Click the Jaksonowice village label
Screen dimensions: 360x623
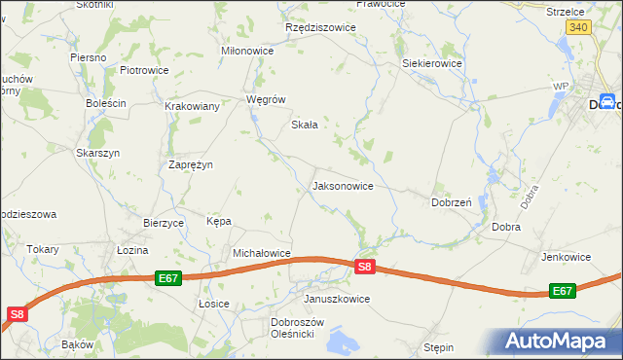[x=342, y=185]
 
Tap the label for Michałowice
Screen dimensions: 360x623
[x=262, y=253]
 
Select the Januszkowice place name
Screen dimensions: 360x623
[x=337, y=299]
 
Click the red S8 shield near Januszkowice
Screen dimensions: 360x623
[x=364, y=267]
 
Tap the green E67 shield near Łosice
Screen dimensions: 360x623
[x=168, y=278]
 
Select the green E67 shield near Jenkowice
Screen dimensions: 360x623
[x=563, y=291]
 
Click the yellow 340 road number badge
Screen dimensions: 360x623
[x=578, y=27]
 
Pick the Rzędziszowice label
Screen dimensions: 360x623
[x=320, y=28]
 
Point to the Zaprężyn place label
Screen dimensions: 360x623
[x=191, y=165]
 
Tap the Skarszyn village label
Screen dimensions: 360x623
[x=97, y=153]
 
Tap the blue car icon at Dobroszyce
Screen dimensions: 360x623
[x=606, y=101]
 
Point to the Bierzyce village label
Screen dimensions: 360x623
[x=164, y=223]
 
